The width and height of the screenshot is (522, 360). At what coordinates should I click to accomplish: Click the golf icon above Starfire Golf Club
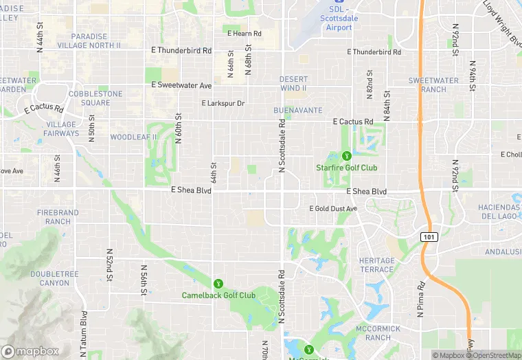347,156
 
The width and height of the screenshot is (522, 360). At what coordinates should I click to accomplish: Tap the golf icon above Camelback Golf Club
218,283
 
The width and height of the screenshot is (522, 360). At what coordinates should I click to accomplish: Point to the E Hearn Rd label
245,33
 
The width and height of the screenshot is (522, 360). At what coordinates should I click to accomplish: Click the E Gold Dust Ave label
333,208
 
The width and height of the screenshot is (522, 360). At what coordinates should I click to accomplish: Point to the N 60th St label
178,127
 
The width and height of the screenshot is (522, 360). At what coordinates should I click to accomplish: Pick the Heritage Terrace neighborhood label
377,265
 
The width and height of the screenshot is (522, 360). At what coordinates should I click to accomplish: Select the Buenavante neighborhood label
297,110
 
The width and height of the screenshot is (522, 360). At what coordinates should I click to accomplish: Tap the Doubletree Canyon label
50,278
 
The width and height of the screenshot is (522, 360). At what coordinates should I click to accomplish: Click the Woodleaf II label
134,137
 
